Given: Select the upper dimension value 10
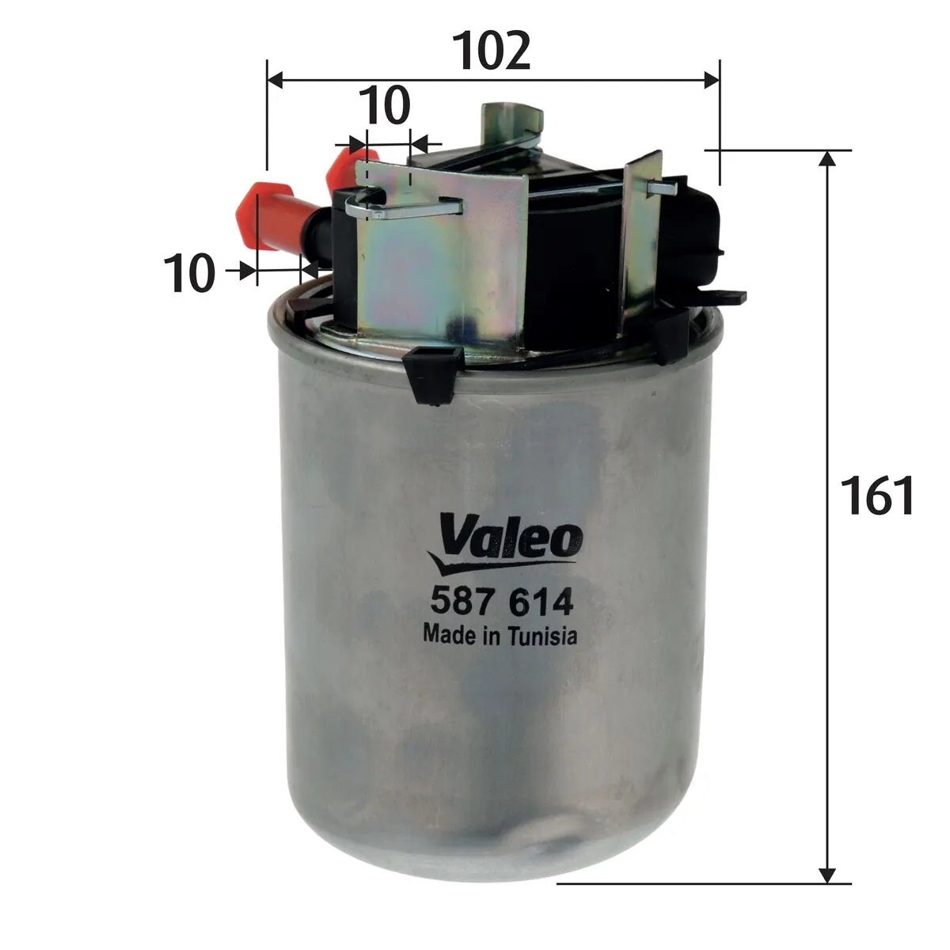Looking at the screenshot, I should tap(385, 104).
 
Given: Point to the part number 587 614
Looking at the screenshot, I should tap(500, 603).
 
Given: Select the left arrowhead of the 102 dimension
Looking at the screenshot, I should tap(277, 79).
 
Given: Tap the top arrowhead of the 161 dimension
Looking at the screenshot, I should tap(827, 158).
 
